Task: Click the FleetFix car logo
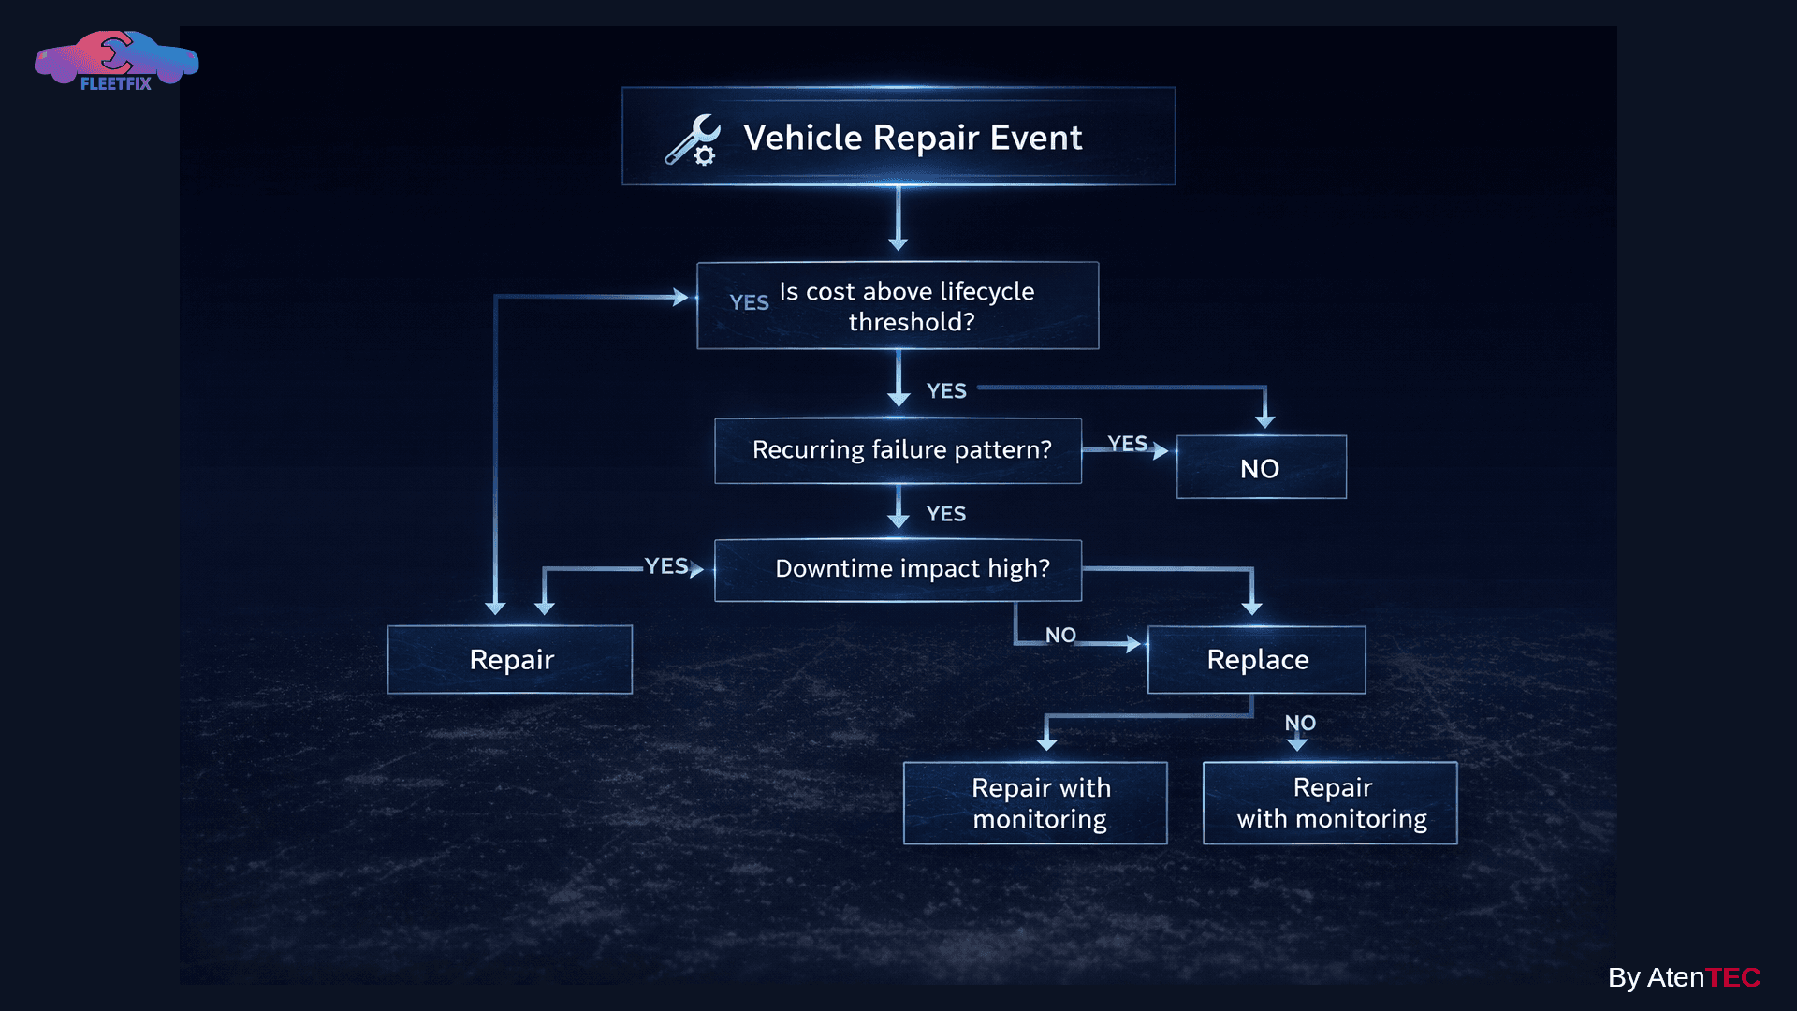pyautogui.click(x=116, y=60)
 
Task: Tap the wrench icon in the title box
pyautogui.click(x=694, y=140)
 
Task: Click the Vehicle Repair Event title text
pyautogui.click(x=913, y=138)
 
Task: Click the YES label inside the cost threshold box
pyautogui.click(x=749, y=302)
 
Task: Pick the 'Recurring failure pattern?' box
pyautogui.click(x=898, y=450)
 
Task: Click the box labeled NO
pyautogui.click(x=1261, y=467)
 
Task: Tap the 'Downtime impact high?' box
pyautogui.click(x=898, y=569)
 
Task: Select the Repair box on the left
pyautogui.click(x=510, y=659)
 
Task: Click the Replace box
pyautogui.click(x=1256, y=659)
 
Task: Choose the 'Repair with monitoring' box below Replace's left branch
pyautogui.click(x=1035, y=802)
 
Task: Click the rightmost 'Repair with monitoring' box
pyautogui.click(x=1330, y=802)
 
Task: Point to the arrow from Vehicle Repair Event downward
pyautogui.click(x=898, y=220)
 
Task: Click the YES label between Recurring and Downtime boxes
pyautogui.click(x=945, y=514)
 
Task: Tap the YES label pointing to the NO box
pyautogui.click(x=1127, y=443)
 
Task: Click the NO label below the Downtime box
pyautogui.click(x=1060, y=635)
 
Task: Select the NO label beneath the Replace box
pyautogui.click(x=1300, y=723)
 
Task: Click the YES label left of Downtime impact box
pyautogui.click(x=666, y=565)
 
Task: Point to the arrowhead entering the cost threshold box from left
pyautogui.click(x=681, y=297)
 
